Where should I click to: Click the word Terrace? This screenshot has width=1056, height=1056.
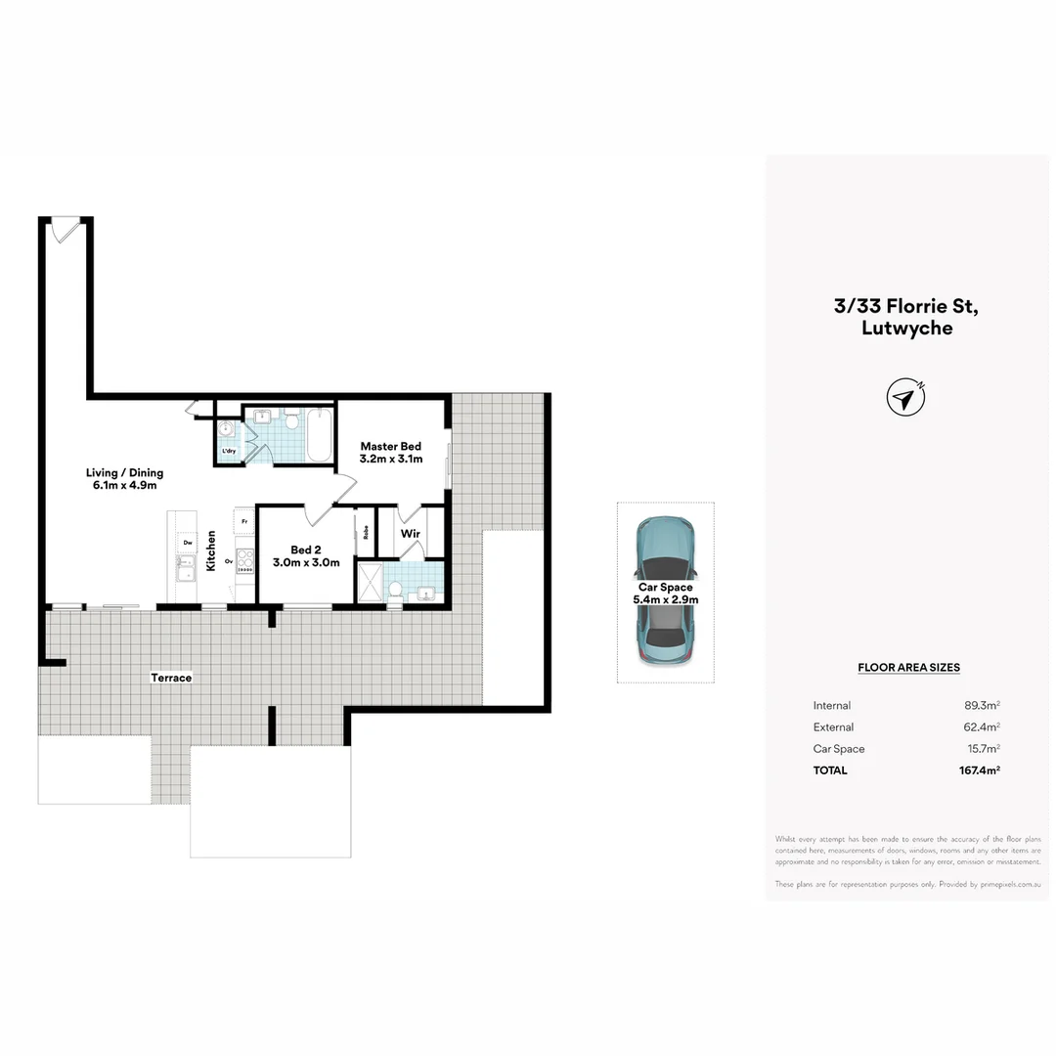tap(171, 677)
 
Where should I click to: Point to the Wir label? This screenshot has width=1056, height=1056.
tap(411, 534)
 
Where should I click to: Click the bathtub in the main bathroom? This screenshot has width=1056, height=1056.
tap(319, 436)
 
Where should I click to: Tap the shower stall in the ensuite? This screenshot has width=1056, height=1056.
tap(370, 583)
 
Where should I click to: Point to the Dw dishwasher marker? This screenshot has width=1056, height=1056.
tap(187, 542)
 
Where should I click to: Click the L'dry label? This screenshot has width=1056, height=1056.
tap(229, 451)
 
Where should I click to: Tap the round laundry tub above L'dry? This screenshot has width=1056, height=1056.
tap(227, 429)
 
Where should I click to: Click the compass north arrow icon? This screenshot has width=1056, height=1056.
tap(905, 398)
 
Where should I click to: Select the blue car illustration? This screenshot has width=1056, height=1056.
tap(665, 593)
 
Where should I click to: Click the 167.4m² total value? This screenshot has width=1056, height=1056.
tap(979, 770)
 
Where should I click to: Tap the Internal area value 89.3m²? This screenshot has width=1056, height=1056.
tap(981, 706)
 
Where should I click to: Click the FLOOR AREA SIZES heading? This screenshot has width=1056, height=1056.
tap(908, 668)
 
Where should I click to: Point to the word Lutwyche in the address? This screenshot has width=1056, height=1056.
tap(906, 329)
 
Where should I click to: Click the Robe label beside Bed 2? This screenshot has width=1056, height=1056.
tap(366, 533)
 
